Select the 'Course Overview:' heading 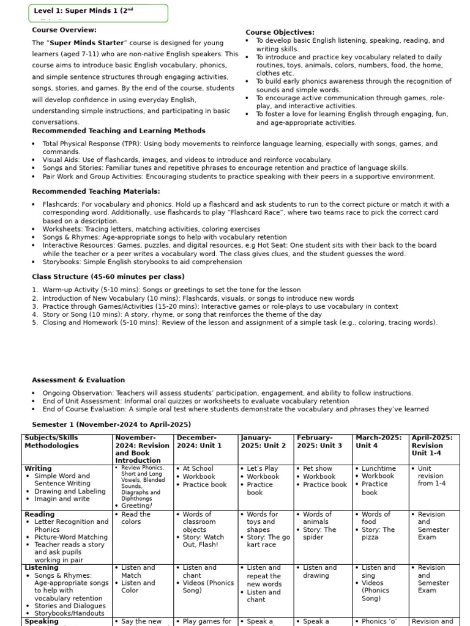point(64,30)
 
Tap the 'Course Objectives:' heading point(280,32)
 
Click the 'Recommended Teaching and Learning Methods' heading point(118,131)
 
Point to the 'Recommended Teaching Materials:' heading point(95,191)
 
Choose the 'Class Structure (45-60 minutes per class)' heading point(108,277)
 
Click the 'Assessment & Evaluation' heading point(78,380)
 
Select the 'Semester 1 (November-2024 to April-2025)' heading point(111,424)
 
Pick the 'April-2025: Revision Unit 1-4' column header point(434,445)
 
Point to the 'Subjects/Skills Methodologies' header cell point(52,441)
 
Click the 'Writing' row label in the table point(38,468)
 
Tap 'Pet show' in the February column point(318,469)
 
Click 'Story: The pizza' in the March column point(378,534)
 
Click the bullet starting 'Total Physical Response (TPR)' point(240,148)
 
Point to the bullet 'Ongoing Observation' point(228,393)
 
